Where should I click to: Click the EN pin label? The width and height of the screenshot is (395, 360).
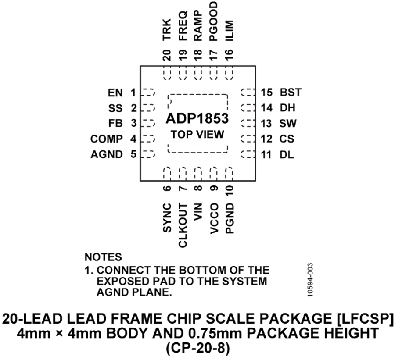tap(115, 93)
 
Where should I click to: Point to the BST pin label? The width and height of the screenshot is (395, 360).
tap(290, 93)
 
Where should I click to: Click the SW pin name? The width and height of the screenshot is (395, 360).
tap(288, 123)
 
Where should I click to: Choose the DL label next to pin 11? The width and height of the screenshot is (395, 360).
tap(287, 154)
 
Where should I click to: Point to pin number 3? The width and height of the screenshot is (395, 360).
tap(133, 123)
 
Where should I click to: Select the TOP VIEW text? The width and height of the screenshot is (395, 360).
tap(197, 134)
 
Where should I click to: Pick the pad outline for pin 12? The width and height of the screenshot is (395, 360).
tap(248, 139)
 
